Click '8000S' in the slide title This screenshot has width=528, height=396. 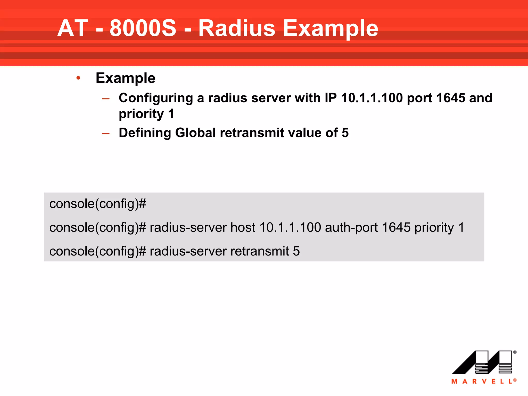click(x=143, y=28)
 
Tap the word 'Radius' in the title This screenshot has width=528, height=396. click(x=237, y=28)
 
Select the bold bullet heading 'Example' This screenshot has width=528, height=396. click(x=125, y=78)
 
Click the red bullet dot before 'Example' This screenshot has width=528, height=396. click(x=78, y=78)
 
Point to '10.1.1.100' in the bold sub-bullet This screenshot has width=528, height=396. click(x=372, y=98)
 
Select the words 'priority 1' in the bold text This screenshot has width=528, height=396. click(x=146, y=114)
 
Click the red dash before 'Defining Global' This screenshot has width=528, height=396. click(x=106, y=134)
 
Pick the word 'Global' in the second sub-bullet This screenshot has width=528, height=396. click(x=195, y=133)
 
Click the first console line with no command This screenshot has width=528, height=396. click(x=98, y=204)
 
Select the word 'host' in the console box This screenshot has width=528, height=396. click(x=243, y=227)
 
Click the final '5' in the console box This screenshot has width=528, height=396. click(x=296, y=251)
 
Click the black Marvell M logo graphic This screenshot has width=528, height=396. click(x=482, y=362)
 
